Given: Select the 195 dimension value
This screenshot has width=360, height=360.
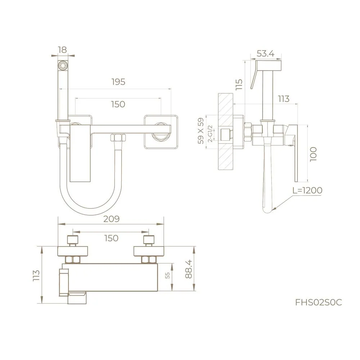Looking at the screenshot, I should (118, 82).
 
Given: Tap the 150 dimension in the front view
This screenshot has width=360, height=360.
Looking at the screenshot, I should (118, 104).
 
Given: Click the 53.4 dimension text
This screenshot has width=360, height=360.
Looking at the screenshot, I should (266, 54).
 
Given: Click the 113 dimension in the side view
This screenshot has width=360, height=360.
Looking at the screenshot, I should (284, 98).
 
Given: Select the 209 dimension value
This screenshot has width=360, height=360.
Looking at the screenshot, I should (111, 219).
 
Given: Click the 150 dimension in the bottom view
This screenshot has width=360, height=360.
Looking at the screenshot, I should (111, 238).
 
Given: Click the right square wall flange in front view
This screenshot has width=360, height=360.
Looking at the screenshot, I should (161, 131).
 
